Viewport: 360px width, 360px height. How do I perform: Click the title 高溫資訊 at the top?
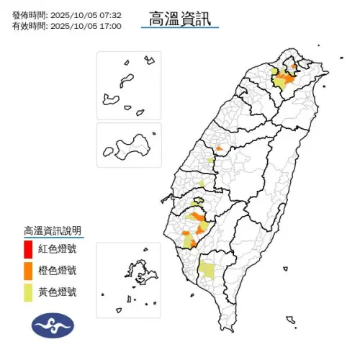point(180,17)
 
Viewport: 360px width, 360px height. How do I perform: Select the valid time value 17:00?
point(111,26)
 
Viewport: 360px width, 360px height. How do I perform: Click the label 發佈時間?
point(30,14)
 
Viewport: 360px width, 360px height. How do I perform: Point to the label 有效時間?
point(30,26)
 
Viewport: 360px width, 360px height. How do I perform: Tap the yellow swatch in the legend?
point(27,292)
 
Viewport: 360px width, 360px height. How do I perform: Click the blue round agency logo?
point(53,325)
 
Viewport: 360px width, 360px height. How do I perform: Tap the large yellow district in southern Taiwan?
point(207,270)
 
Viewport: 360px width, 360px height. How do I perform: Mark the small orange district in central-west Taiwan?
point(219,150)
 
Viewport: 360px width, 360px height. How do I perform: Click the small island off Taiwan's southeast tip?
point(289,319)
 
